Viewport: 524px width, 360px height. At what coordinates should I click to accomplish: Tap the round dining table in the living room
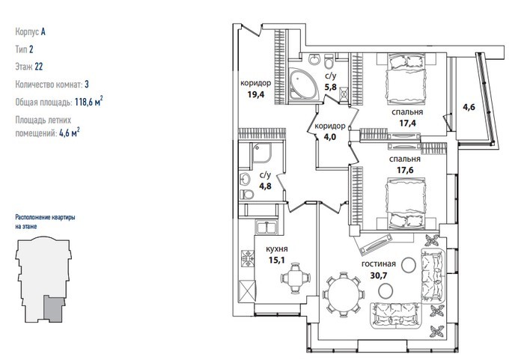point(343,294)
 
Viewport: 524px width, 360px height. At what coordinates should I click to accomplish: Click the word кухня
point(277,249)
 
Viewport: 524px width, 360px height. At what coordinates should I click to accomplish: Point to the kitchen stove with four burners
point(247,258)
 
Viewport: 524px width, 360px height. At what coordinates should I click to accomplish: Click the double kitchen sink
point(266,228)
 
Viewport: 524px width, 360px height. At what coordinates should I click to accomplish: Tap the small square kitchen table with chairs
point(296,278)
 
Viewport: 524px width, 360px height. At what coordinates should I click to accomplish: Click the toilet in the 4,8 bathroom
point(246,194)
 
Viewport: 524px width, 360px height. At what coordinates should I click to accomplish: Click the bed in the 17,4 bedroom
point(406,79)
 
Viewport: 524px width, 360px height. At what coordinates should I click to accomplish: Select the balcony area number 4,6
point(469,107)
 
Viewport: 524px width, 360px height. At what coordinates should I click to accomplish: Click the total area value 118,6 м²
point(88,101)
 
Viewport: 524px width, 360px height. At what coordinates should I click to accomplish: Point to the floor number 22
point(39,67)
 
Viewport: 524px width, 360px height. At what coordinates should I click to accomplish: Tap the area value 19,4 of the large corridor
point(256,94)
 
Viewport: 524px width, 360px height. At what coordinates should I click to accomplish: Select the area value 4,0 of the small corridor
point(330,137)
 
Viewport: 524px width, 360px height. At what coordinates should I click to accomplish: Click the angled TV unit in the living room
point(374,244)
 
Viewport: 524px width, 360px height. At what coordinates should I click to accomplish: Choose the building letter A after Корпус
point(43,31)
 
